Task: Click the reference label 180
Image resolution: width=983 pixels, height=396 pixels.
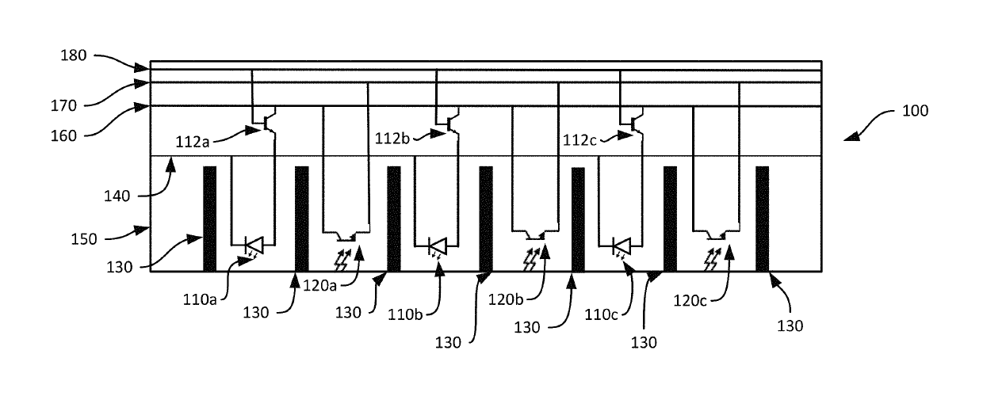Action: tap(73, 55)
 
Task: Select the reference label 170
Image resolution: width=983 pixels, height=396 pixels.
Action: tap(63, 105)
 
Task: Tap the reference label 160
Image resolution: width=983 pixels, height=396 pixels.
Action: tap(63, 136)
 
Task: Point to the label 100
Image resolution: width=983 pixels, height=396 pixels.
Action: tap(915, 111)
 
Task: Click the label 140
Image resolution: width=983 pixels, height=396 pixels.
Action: tap(117, 196)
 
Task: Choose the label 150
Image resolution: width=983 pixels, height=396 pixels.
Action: tap(84, 239)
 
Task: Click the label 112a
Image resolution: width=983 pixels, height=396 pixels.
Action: tap(192, 142)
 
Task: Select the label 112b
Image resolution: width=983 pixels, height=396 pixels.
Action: tap(392, 139)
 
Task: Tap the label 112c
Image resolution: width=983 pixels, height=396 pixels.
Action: tap(579, 140)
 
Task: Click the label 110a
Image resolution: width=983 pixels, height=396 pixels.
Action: tap(200, 300)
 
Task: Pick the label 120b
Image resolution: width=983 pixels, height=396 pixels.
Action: tap(506, 300)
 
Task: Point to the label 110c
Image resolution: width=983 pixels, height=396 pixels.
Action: tap(601, 315)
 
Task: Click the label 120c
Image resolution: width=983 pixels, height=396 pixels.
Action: tap(690, 301)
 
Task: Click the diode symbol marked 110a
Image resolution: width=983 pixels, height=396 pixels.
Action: tap(254, 246)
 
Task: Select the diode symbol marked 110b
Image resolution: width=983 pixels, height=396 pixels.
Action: tap(438, 246)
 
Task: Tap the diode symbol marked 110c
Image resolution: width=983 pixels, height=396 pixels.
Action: tap(622, 246)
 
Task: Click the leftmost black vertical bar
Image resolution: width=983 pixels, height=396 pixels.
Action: tap(210, 219)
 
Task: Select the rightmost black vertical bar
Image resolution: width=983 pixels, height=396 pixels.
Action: tap(763, 219)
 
